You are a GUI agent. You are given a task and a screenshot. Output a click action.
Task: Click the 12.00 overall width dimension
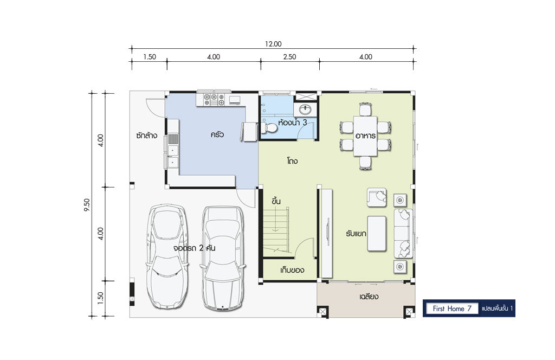tap(273, 44)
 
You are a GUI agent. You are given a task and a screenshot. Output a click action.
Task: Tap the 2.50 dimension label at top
tap(289, 56)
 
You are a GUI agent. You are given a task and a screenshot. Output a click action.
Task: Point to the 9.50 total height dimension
tap(87, 204)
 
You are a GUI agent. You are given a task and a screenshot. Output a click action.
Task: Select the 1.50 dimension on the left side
tap(100, 298)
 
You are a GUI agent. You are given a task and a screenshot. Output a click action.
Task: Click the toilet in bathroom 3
tap(269, 127)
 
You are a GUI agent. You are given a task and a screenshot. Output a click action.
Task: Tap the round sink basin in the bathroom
tap(305, 110)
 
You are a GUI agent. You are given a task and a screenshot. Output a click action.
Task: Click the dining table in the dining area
tap(366, 136)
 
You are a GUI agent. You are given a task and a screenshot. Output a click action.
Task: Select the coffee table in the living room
tap(377, 233)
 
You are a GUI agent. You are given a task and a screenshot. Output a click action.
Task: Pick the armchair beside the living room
tap(377, 197)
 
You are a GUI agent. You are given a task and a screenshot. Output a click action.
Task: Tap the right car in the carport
tap(222, 259)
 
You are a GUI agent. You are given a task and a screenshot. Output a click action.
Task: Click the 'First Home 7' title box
tap(452, 308)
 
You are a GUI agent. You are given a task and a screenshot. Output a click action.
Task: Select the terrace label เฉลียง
tap(369, 296)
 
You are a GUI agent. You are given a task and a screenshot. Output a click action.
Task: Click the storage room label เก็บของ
tap(292, 270)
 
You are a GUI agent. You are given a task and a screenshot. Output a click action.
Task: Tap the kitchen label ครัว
tap(217, 134)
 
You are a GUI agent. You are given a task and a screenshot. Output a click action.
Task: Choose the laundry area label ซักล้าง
tap(146, 135)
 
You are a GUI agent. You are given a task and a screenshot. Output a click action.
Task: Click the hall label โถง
tap(292, 161)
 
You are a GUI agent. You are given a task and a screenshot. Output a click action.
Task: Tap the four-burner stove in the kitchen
tap(215, 99)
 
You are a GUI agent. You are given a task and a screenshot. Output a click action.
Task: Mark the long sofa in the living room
tap(403, 233)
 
